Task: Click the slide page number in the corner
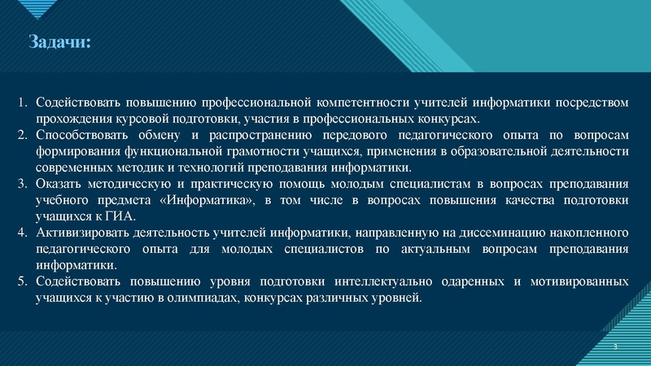click(616, 347)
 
